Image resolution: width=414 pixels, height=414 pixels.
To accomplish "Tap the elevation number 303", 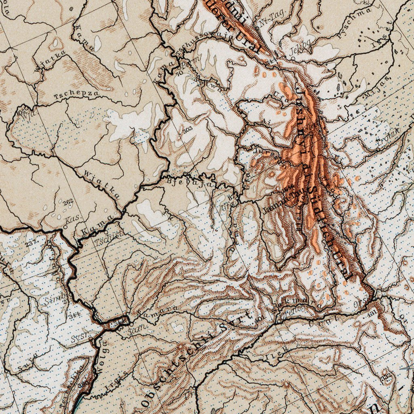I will click(x=187, y=130).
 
